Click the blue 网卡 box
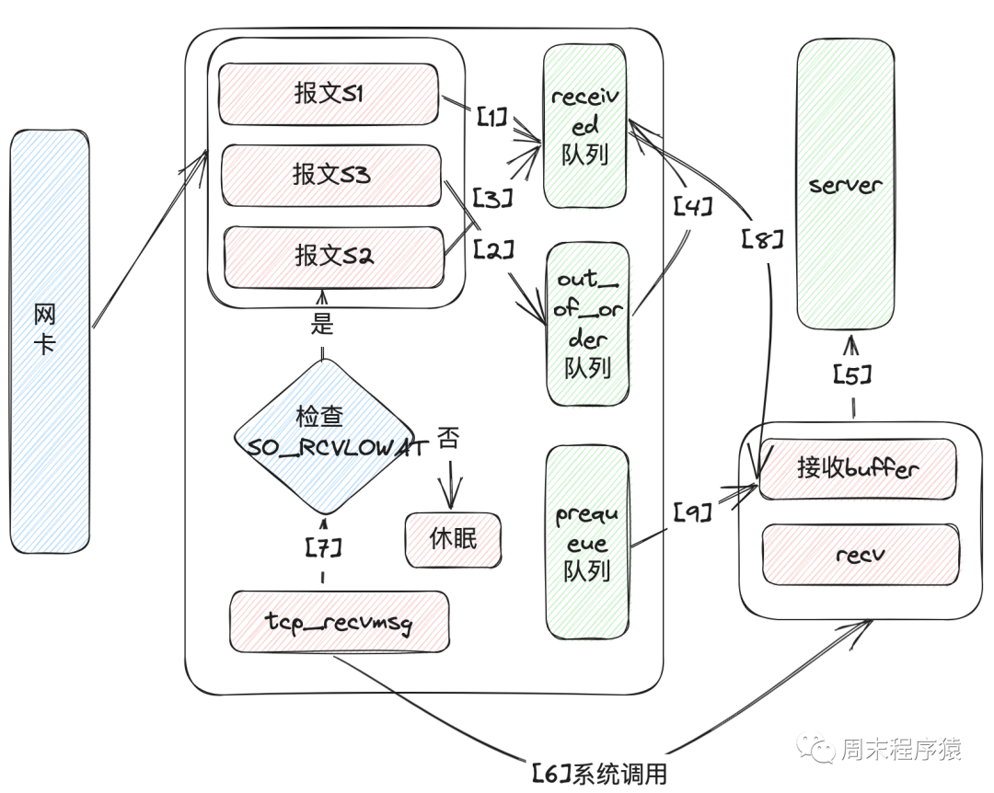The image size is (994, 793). (x=51, y=341)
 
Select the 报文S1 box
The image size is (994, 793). (x=328, y=94)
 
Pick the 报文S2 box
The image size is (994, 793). (x=331, y=255)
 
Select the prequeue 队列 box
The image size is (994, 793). (x=587, y=542)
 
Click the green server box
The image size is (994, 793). (x=845, y=185)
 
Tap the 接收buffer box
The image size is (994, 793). (x=858, y=469)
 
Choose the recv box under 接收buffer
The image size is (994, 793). (x=860, y=555)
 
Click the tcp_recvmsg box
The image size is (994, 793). (x=339, y=623)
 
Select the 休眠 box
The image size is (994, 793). (x=454, y=539)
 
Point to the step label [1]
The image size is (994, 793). (x=491, y=118)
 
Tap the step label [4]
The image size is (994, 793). (x=693, y=207)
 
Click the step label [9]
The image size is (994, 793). (x=692, y=511)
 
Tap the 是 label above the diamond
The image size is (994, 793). (x=321, y=323)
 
